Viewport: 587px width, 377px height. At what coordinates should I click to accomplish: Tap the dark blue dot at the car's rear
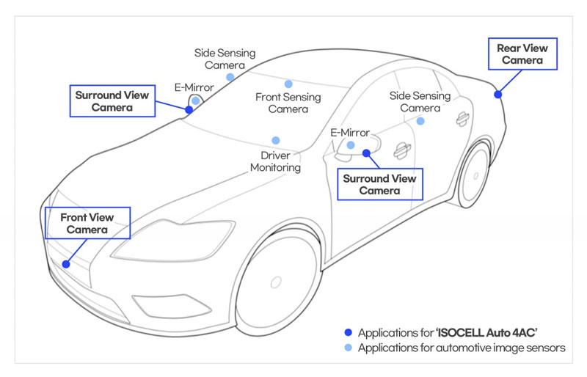coord(498,95)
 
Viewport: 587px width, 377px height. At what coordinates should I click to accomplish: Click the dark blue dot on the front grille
coord(66,264)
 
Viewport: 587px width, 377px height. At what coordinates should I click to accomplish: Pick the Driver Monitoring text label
coord(276,161)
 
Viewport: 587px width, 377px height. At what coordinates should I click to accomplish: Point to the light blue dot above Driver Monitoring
coord(276,140)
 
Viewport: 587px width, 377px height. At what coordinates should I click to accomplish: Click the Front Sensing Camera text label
coord(288,103)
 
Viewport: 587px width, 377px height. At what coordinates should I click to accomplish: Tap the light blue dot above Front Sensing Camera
coord(288,84)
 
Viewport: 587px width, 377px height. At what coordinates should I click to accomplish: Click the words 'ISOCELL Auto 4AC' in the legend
coord(487,332)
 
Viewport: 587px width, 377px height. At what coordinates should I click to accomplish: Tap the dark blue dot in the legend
coord(348,332)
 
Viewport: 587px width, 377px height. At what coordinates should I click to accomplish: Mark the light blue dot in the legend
coord(348,348)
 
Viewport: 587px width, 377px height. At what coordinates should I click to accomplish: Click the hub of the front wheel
coord(276,282)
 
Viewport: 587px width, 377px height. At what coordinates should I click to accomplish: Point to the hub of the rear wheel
coord(475,175)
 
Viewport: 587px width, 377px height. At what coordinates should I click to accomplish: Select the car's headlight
coord(174,240)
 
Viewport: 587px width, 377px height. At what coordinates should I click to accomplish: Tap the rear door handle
coord(463,119)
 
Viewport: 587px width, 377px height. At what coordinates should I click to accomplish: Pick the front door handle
coord(401,150)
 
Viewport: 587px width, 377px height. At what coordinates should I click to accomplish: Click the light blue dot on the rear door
coord(420,121)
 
